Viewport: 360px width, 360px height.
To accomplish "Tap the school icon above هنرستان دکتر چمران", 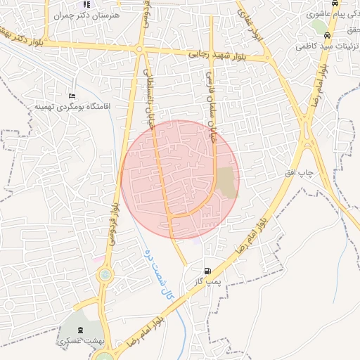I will click(x=86, y=4).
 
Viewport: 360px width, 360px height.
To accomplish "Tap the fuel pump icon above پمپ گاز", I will click(x=207, y=271).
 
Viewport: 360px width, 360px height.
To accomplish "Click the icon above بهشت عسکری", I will click(x=78, y=330).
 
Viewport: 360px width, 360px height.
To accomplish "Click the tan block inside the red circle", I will click(x=226, y=182).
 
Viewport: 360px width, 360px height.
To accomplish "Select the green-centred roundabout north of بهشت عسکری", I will click(x=105, y=274).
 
